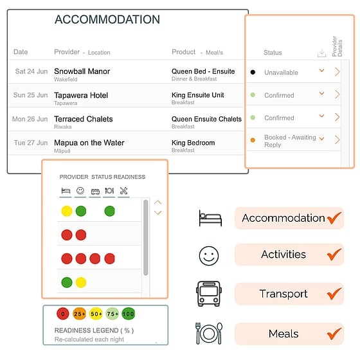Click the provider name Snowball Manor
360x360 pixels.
click(82, 71)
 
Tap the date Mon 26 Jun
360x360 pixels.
click(30, 119)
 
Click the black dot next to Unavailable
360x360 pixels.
click(253, 72)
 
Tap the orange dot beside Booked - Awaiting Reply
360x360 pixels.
click(253, 140)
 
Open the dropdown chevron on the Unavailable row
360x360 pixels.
click(321, 71)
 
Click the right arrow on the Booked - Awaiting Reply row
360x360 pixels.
click(337, 139)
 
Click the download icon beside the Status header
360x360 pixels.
click(321, 53)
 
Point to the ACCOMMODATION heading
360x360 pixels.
click(107, 19)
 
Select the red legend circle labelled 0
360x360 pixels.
click(63, 314)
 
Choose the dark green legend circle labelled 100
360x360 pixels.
click(129, 314)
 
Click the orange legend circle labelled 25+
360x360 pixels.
click(80, 314)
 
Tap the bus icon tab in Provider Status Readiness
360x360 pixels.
click(95, 192)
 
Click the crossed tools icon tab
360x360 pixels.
click(123, 190)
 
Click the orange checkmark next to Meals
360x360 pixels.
click(334, 334)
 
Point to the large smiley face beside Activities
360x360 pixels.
click(209, 256)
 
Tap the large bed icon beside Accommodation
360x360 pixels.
click(210, 218)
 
